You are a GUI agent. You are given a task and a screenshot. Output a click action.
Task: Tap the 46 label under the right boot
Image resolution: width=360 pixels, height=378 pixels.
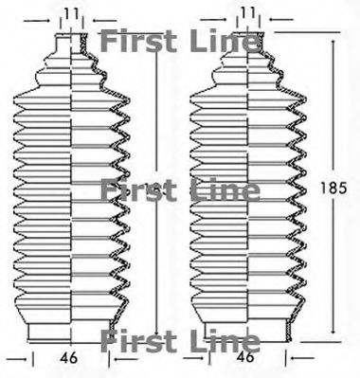pyautogui.click(x=245, y=359)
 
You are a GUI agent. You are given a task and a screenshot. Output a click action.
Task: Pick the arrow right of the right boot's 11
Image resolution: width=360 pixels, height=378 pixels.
pyautogui.click(x=277, y=19)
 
